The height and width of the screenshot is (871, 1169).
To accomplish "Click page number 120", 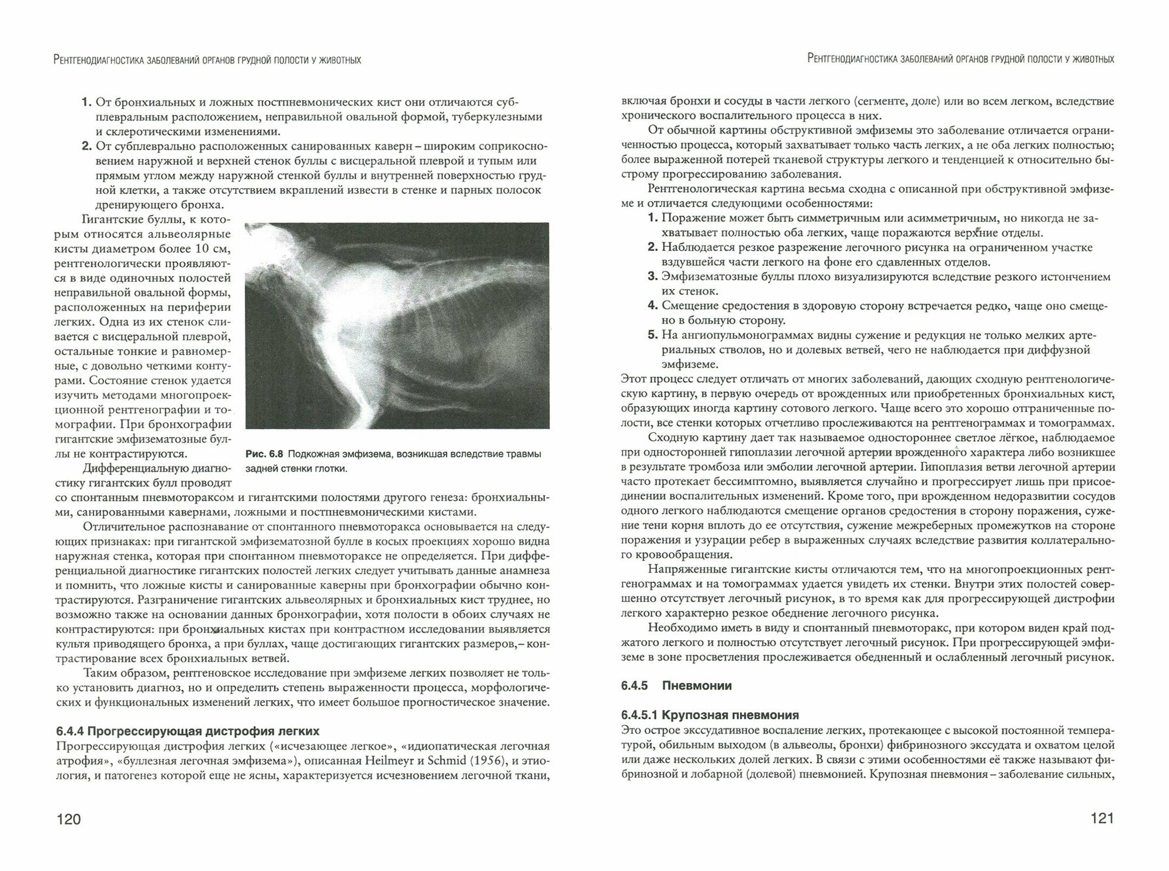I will (x=68, y=819).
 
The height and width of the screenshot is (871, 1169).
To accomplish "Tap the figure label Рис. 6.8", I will (x=264, y=454).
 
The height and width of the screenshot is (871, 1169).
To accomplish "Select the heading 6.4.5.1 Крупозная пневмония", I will (x=710, y=715).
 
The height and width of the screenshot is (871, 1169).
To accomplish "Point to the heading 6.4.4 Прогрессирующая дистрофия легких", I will (x=188, y=731).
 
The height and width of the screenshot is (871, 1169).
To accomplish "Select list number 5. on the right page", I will (x=653, y=335).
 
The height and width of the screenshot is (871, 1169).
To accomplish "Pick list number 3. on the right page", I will (x=653, y=277).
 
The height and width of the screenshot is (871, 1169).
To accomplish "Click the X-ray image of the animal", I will (x=397, y=326).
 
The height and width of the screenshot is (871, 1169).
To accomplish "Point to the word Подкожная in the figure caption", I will (x=313, y=454).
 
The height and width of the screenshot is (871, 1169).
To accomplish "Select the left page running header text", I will (x=207, y=60).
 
